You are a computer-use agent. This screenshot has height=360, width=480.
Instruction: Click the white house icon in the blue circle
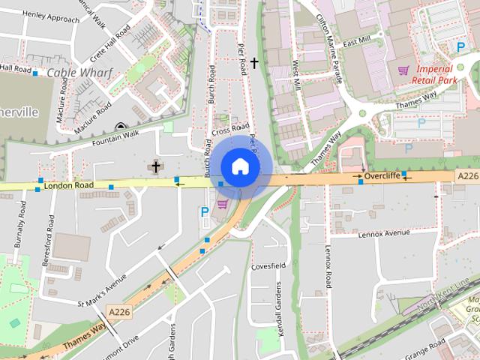(239, 166)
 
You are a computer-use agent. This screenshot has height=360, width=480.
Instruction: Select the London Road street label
(69, 184)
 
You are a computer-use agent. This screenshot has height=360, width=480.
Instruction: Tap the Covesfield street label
(269, 266)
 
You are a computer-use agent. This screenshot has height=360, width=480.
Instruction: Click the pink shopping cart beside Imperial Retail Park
(403, 70)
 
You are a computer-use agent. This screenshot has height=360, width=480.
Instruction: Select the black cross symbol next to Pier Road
(255, 63)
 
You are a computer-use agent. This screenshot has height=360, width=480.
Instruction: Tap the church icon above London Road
(156, 166)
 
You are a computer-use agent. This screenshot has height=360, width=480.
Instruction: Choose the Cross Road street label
(230, 130)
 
